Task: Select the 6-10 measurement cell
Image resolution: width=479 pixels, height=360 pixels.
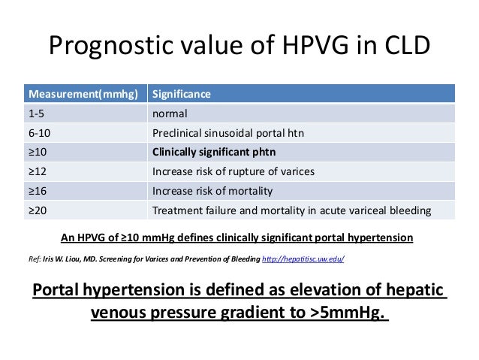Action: point(40,133)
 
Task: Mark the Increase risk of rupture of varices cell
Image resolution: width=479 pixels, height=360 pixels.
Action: point(233,171)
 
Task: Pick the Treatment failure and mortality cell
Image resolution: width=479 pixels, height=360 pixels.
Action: point(291,210)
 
